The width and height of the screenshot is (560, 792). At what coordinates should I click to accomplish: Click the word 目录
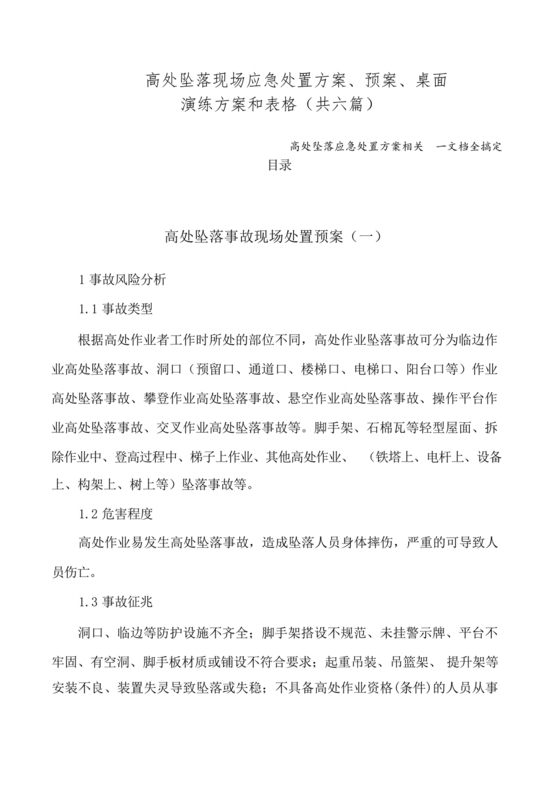[x=280, y=166]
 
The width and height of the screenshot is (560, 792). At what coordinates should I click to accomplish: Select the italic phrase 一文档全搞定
[x=468, y=146]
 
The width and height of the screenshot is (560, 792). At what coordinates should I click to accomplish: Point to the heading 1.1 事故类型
[x=116, y=306]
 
